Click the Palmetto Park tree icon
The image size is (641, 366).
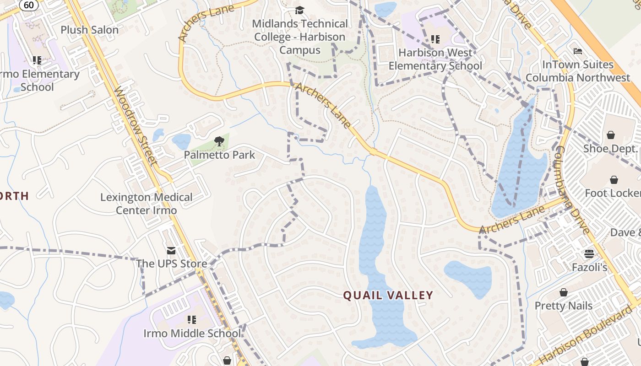pos(219,141)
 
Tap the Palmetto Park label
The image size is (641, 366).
pos(219,155)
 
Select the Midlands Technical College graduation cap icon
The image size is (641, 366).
pos(299,10)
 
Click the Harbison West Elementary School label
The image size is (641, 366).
pos(435,59)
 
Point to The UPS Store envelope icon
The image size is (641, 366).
pos(171,250)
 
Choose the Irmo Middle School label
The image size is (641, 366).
pos(192,334)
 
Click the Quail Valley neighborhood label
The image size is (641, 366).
pos(388,296)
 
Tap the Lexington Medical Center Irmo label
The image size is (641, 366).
pos(147,204)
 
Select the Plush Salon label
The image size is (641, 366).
pos(90,30)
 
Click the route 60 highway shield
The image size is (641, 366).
pos(28,5)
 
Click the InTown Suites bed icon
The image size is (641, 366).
pos(577,51)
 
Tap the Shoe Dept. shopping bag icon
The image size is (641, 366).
pos(610,135)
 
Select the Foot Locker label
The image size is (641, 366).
pos(613,193)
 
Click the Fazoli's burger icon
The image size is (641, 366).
pos(589,253)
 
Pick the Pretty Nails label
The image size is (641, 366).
pos(564,306)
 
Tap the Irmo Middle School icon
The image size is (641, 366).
pos(192,319)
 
